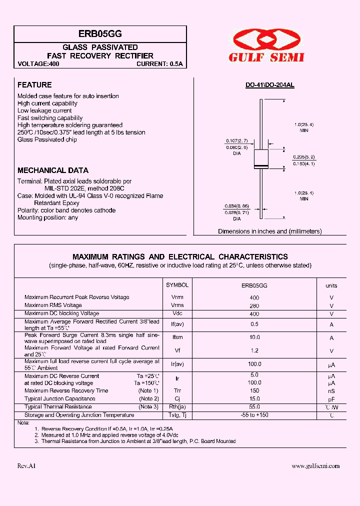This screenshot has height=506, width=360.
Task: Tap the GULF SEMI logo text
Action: [x=266, y=57]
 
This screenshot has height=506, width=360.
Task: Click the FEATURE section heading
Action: [x=34, y=85]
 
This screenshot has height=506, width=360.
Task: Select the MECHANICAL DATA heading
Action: [x=53, y=170]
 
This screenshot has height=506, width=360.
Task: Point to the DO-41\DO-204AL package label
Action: [x=269, y=85]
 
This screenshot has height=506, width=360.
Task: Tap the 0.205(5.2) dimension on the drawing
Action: [x=303, y=156]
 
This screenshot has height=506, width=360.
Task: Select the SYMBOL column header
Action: [x=177, y=285]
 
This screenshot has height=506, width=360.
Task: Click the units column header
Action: [x=331, y=285]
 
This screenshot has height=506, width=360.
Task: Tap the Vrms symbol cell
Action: [x=177, y=305]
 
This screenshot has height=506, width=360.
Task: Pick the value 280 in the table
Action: [x=254, y=305]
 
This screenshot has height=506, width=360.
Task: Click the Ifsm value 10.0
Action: [x=254, y=337]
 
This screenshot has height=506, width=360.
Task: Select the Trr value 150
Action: [x=254, y=390]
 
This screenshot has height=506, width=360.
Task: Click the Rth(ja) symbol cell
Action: [x=177, y=407]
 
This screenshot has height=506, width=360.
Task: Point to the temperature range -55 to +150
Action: [x=254, y=415]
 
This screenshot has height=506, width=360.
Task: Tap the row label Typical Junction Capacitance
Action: [x=60, y=398]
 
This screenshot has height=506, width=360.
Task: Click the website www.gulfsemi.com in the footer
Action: [x=315, y=466]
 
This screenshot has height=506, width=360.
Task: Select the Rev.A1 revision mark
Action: [x=26, y=466]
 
